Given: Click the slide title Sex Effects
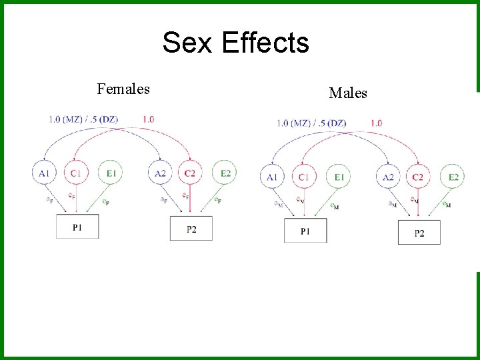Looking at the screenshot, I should pyautogui.click(x=235, y=43).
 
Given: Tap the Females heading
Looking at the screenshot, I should pyautogui.click(x=123, y=89).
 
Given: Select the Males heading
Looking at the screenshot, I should pyautogui.click(x=348, y=93).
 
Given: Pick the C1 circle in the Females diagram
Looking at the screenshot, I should pyautogui.click(x=75, y=173).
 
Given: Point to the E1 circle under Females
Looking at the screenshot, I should pyautogui.click(x=111, y=173).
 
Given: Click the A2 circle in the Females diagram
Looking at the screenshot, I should pyautogui.click(x=160, y=173).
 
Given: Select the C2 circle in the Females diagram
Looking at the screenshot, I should pyautogui.click(x=190, y=173).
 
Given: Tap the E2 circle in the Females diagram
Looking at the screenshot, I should pyautogui.click(x=226, y=173).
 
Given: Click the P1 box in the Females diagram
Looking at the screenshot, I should pyautogui.click(x=77, y=227).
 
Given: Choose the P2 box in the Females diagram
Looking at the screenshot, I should pyautogui.click(x=191, y=229).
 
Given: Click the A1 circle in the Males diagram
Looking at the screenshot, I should pyautogui.click(x=272, y=177).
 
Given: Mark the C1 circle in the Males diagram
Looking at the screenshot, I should pyautogui.click(x=304, y=177).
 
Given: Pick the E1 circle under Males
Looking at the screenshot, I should pyautogui.click(x=339, y=177).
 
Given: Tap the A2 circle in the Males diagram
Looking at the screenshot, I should pyautogui.click(x=389, y=177).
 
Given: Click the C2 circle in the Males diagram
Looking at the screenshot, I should pyautogui.click(x=419, y=177).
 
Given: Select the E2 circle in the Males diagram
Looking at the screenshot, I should pyautogui.click(x=454, y=177).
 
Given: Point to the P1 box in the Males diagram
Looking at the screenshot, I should pyautogui.click(x=305, y=231).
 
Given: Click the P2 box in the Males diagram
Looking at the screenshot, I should pyautogui.click(x=419, y=233).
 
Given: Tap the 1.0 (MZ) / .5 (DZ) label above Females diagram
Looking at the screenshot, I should pyautogui.click(x=83, y=119).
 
